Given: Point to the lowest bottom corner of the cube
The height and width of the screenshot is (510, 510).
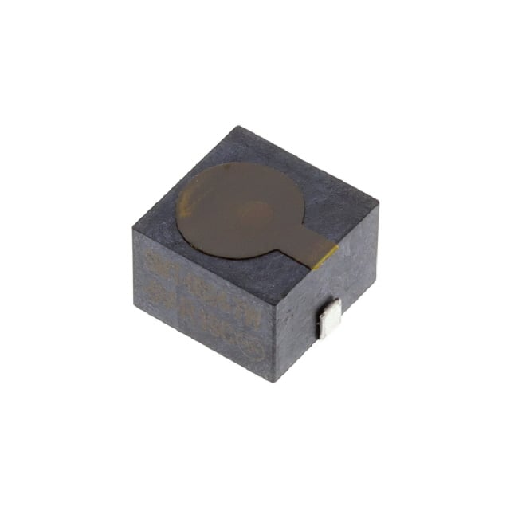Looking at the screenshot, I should [274, 381].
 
